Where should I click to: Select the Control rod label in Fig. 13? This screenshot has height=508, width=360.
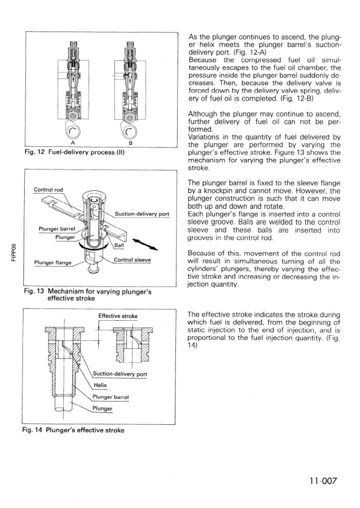click(48, 190)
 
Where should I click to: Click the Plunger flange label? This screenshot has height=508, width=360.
click(52, 262)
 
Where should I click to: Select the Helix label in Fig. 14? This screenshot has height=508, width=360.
click(100, 385)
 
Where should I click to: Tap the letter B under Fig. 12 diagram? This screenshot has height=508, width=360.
click(130, 143)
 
